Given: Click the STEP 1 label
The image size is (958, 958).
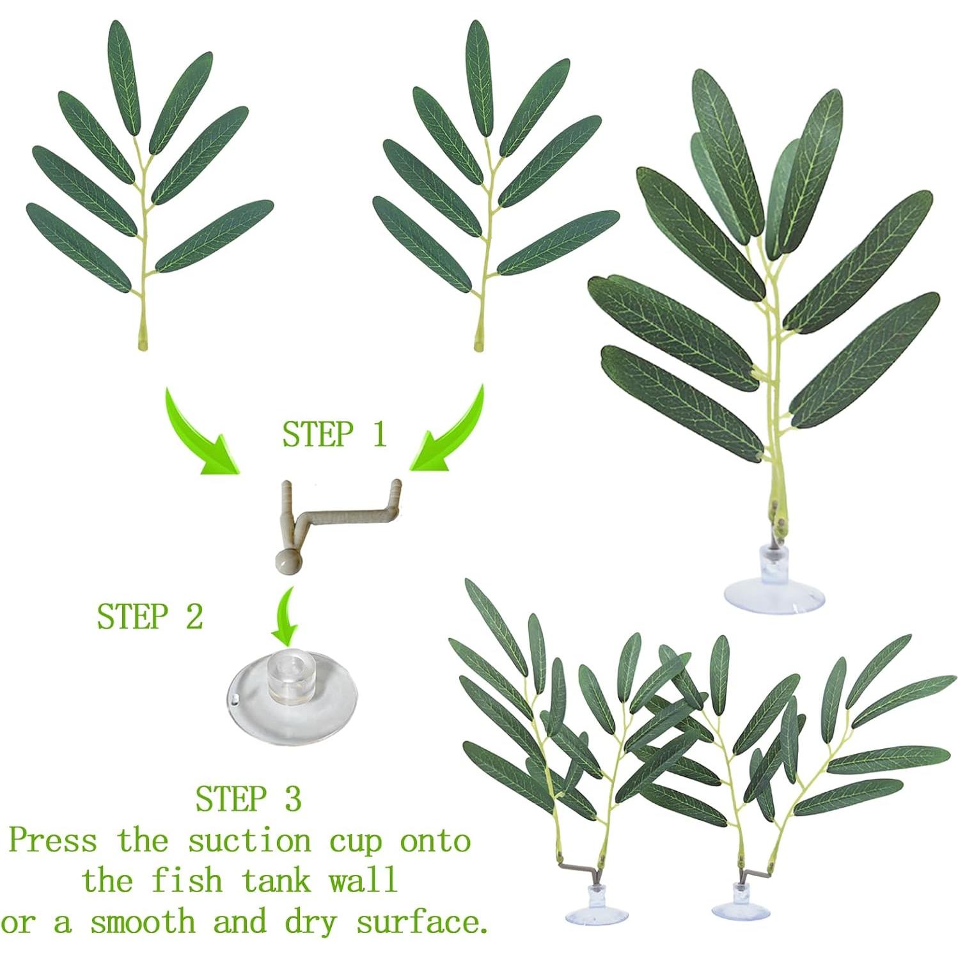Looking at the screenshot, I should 334,434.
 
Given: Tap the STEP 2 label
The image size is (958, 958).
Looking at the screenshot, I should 150,616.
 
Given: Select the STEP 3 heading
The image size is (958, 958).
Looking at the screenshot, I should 248,799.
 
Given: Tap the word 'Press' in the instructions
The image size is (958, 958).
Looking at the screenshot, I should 53,840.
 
